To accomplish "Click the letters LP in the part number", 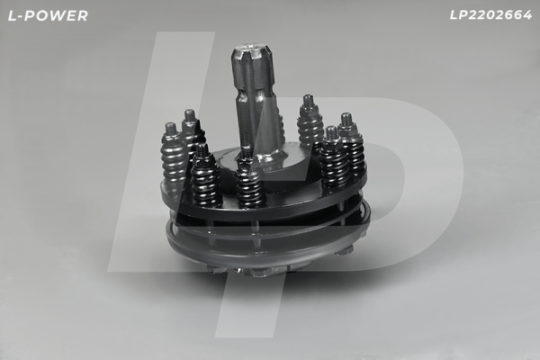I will (457, 15).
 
